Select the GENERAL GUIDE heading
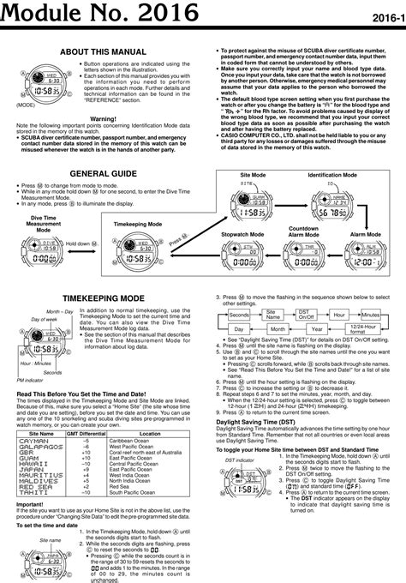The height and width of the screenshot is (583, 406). click(x=102, y=173)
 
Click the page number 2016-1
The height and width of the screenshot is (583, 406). click(x=386, y=17)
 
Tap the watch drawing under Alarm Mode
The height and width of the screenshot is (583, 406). click(x=366, y=253)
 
